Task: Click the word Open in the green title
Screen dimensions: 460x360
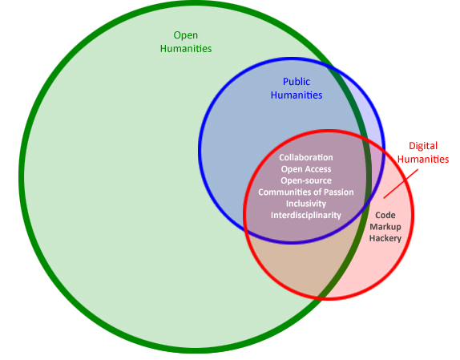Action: click(185, 35)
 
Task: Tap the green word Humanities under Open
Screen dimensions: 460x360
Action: click(186, 48)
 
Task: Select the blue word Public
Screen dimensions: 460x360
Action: click(297, 82)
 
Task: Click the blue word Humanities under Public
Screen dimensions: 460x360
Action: click(297, 95)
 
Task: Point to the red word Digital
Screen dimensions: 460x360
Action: click(423, 146)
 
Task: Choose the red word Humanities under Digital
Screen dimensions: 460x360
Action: click(423, 159)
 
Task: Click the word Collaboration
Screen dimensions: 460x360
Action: click(306, 158)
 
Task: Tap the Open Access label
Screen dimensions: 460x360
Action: click(306, 169)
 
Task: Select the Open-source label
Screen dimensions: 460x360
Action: click(306, 180)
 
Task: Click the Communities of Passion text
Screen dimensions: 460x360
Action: click(306, 192)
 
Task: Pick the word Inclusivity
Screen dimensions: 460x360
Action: click(306, 204)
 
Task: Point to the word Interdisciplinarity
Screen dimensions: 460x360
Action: click(306, 215)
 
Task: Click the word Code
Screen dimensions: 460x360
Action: click(385, 215)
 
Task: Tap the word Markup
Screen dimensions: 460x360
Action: click(385, 227)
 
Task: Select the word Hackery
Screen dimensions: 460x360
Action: click(385, 238)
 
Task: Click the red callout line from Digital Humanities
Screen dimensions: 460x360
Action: click(401, 184)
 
